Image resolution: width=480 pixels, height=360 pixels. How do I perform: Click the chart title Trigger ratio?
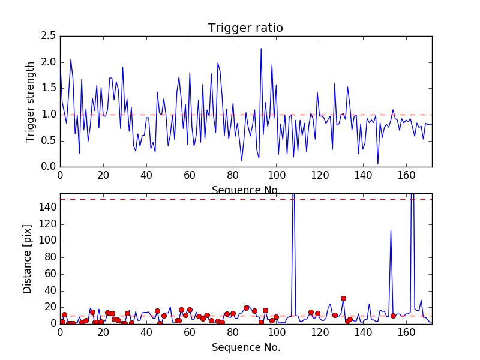coord(245,28)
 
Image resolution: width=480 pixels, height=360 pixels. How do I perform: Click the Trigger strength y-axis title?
coord(31,101)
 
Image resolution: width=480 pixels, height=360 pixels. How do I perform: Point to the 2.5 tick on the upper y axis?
coord(50,36)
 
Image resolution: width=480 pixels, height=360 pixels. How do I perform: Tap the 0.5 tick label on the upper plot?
coord(50,140)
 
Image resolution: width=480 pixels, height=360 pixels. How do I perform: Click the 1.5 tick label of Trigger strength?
coord(50,88)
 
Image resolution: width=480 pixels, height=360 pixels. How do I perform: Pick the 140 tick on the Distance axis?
coord(49,207)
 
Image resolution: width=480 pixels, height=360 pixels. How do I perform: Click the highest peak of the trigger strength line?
coord(261,49)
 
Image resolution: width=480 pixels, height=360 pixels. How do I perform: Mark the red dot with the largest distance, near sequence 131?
coord(343,298)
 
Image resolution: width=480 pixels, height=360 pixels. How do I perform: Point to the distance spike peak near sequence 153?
coord(391,230)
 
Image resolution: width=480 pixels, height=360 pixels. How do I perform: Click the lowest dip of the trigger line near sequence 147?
coord(377,163)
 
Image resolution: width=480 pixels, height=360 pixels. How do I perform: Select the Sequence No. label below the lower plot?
coord(246,347)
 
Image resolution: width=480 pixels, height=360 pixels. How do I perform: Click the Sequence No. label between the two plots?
coord(246,190)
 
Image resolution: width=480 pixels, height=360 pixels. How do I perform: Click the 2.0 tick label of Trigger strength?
coord(50,62)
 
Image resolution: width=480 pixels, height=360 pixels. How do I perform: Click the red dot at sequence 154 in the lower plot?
coord(393,316)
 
